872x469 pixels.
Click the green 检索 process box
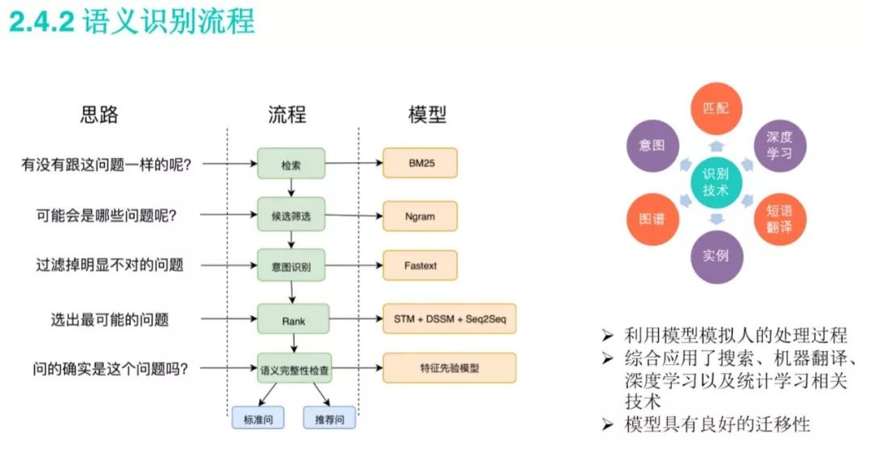coord(291,163)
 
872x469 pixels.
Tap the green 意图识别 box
coord(291,265)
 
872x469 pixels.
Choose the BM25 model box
coord(421,163)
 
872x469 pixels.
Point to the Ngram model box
coord(421,216)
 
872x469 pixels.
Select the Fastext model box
coord(421,265)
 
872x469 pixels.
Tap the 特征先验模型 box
coord(450,368)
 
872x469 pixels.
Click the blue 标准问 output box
coord(253,418)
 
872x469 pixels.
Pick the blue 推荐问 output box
coord(329,418)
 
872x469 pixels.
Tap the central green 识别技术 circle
coord(715,182)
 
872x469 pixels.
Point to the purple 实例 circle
coord(715,257)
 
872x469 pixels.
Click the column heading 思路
coord(99,115)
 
